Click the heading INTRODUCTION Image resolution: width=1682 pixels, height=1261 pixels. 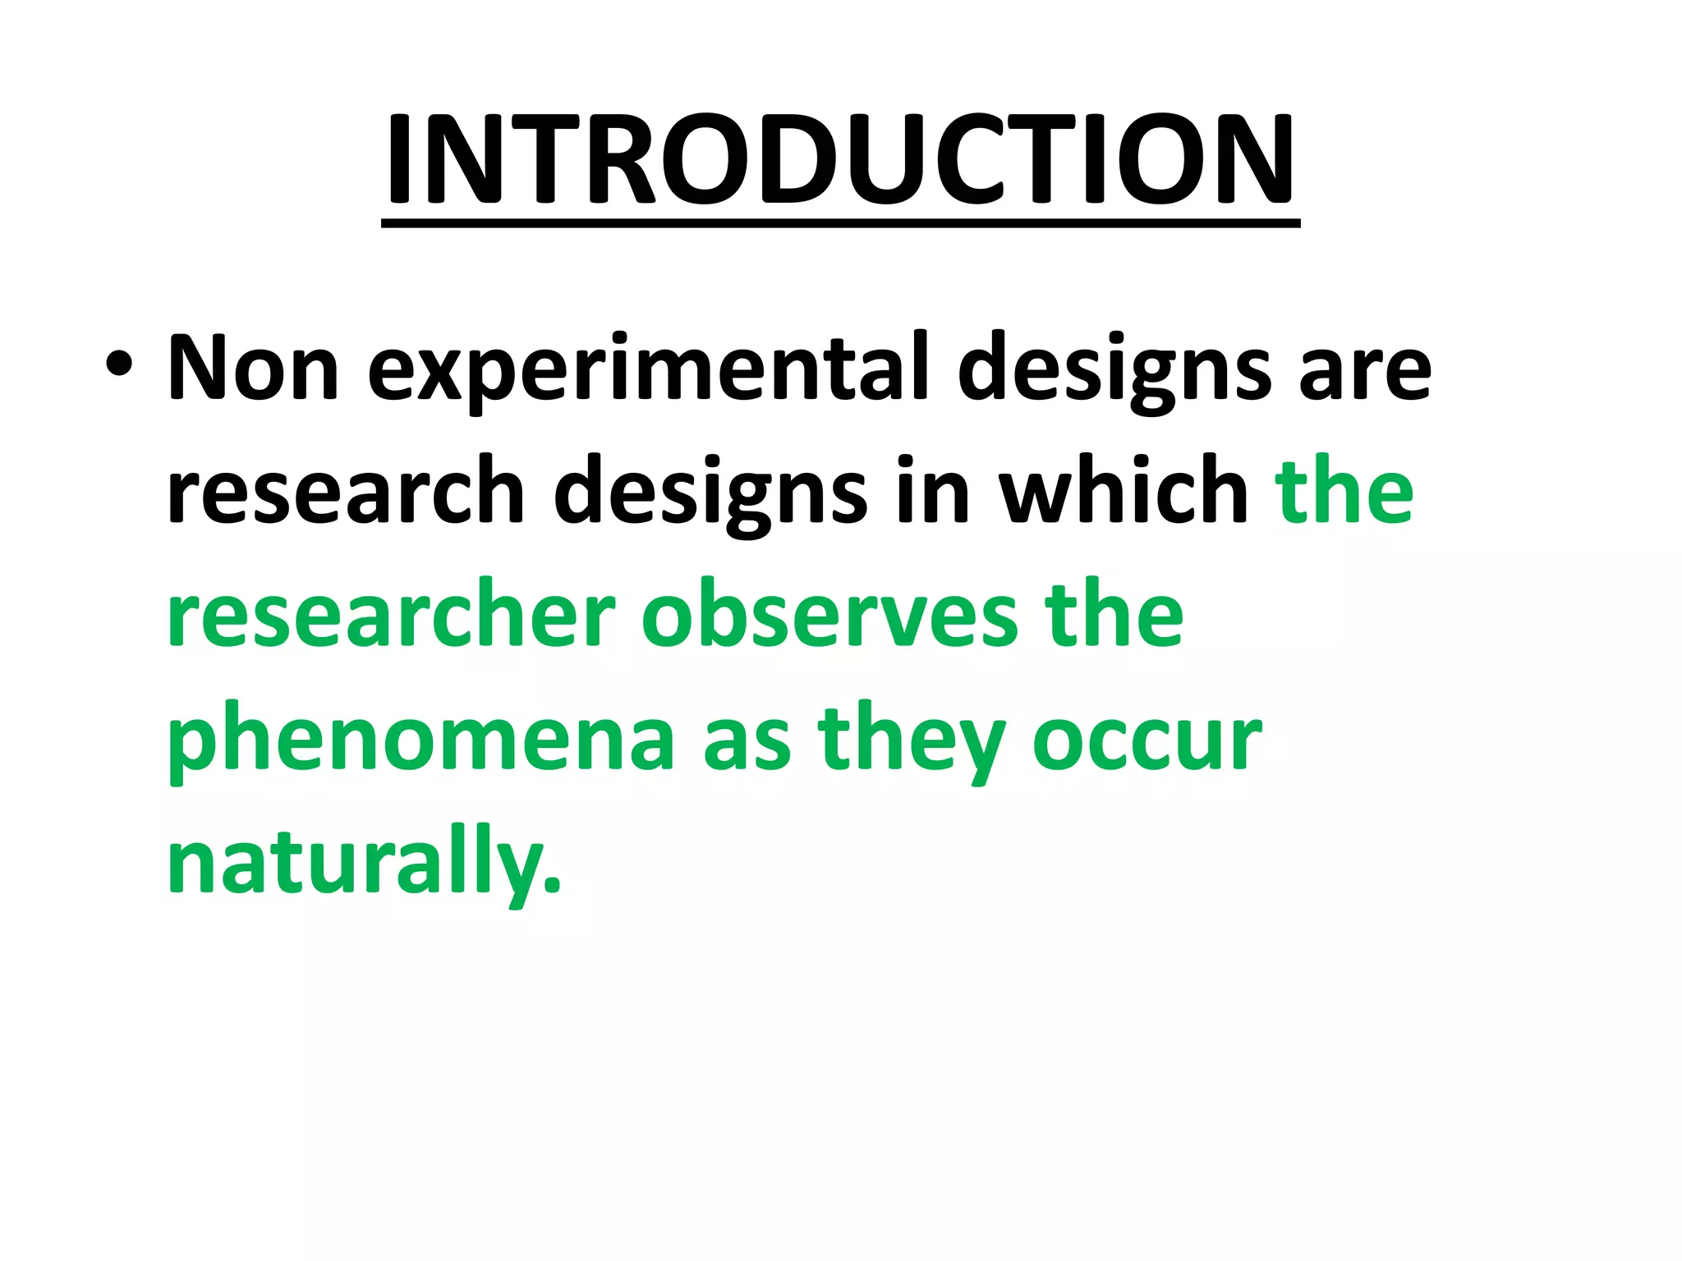click(839, 159)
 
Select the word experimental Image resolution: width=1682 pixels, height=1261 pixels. click(648, 371)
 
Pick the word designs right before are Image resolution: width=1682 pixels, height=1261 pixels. click(1114, 371)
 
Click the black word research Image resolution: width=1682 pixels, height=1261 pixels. click(346, 493)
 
